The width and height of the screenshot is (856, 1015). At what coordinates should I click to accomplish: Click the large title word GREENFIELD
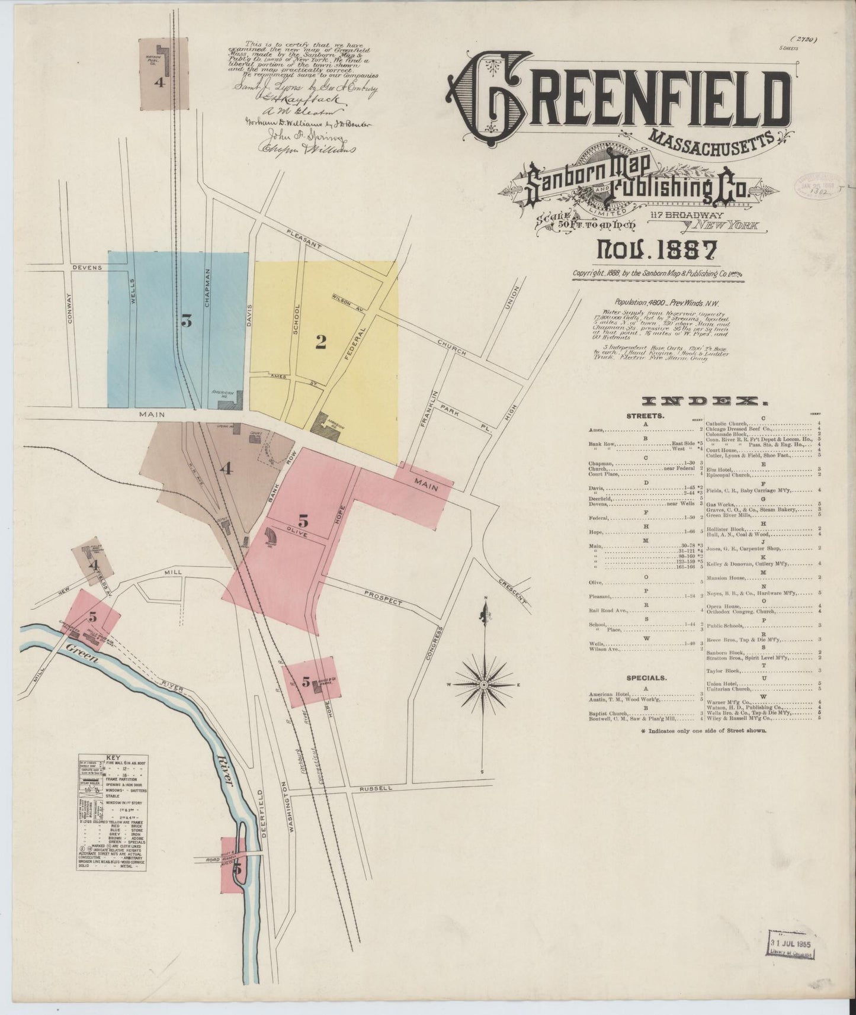pos(622,98)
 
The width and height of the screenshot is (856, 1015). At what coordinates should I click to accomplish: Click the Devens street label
pos(88,268)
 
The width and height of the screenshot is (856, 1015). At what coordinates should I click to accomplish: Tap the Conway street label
pos(70,309)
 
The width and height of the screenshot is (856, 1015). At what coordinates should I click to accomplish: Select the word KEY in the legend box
pos(113,757)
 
